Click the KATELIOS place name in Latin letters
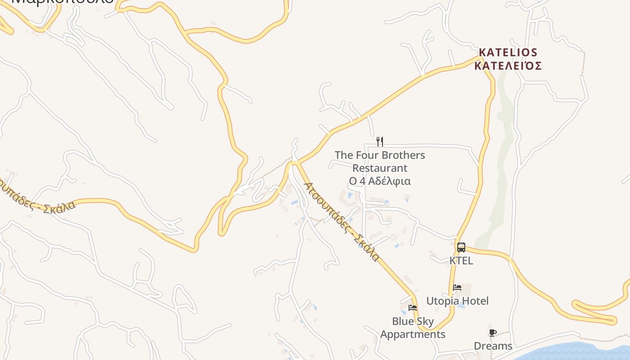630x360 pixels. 508,52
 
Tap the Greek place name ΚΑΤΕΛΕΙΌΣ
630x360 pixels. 508,66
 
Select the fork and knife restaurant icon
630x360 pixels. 380,142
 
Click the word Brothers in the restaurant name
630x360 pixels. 403,155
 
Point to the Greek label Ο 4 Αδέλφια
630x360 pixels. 380,181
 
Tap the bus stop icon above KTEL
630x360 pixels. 461,247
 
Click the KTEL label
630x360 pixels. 461,261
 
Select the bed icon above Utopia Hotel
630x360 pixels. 457,288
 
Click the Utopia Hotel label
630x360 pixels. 457,301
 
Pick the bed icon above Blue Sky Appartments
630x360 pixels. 412,308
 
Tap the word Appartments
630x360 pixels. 413,334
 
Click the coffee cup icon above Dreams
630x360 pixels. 493,333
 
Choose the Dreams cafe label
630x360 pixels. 493,346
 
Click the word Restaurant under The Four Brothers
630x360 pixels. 380,168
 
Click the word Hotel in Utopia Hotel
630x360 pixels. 474,301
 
